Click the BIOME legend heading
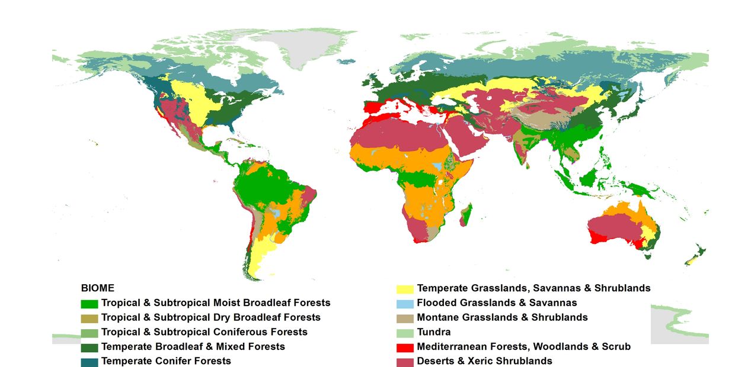coord(97,288)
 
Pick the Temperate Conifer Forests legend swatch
coord(89,361)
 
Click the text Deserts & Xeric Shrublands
coord(484,361)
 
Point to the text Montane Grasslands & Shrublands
coord(502,317)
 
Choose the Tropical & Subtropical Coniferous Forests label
coord(204,332)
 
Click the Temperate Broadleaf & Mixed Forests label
coord(193,346)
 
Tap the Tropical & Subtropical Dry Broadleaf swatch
coord(89,318)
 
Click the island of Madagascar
coord(467,214)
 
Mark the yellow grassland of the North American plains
coord(199,104)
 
